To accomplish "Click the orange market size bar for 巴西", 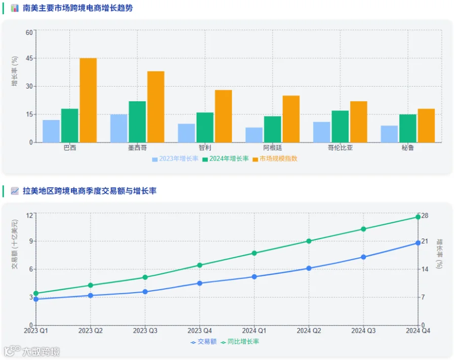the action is coord(88,100).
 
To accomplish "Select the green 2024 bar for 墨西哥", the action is coord(137,122).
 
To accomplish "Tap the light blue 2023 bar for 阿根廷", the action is coord(254,135).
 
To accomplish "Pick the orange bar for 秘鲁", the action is coord(426,126).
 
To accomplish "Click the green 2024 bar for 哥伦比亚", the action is coord(340,127).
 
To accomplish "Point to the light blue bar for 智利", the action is coord(186,133).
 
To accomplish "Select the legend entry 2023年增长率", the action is coord(175,158).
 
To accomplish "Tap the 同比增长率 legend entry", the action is coord(240,342).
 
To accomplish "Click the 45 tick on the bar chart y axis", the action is coord(29,58).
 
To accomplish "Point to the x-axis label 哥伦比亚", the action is coord(340,148).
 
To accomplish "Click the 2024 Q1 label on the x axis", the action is coord(254,331).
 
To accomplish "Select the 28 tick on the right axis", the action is coord(425,216).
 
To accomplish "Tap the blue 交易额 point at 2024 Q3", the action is coord(363,257).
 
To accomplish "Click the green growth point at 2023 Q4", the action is coord(200,265).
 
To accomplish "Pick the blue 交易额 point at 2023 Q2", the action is coord(91,296).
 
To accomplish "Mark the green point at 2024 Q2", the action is coord(309,241).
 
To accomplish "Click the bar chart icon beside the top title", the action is coord(15,8).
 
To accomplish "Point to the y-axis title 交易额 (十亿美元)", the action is coord(15,244).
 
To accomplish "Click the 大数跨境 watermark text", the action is coord(41,351).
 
